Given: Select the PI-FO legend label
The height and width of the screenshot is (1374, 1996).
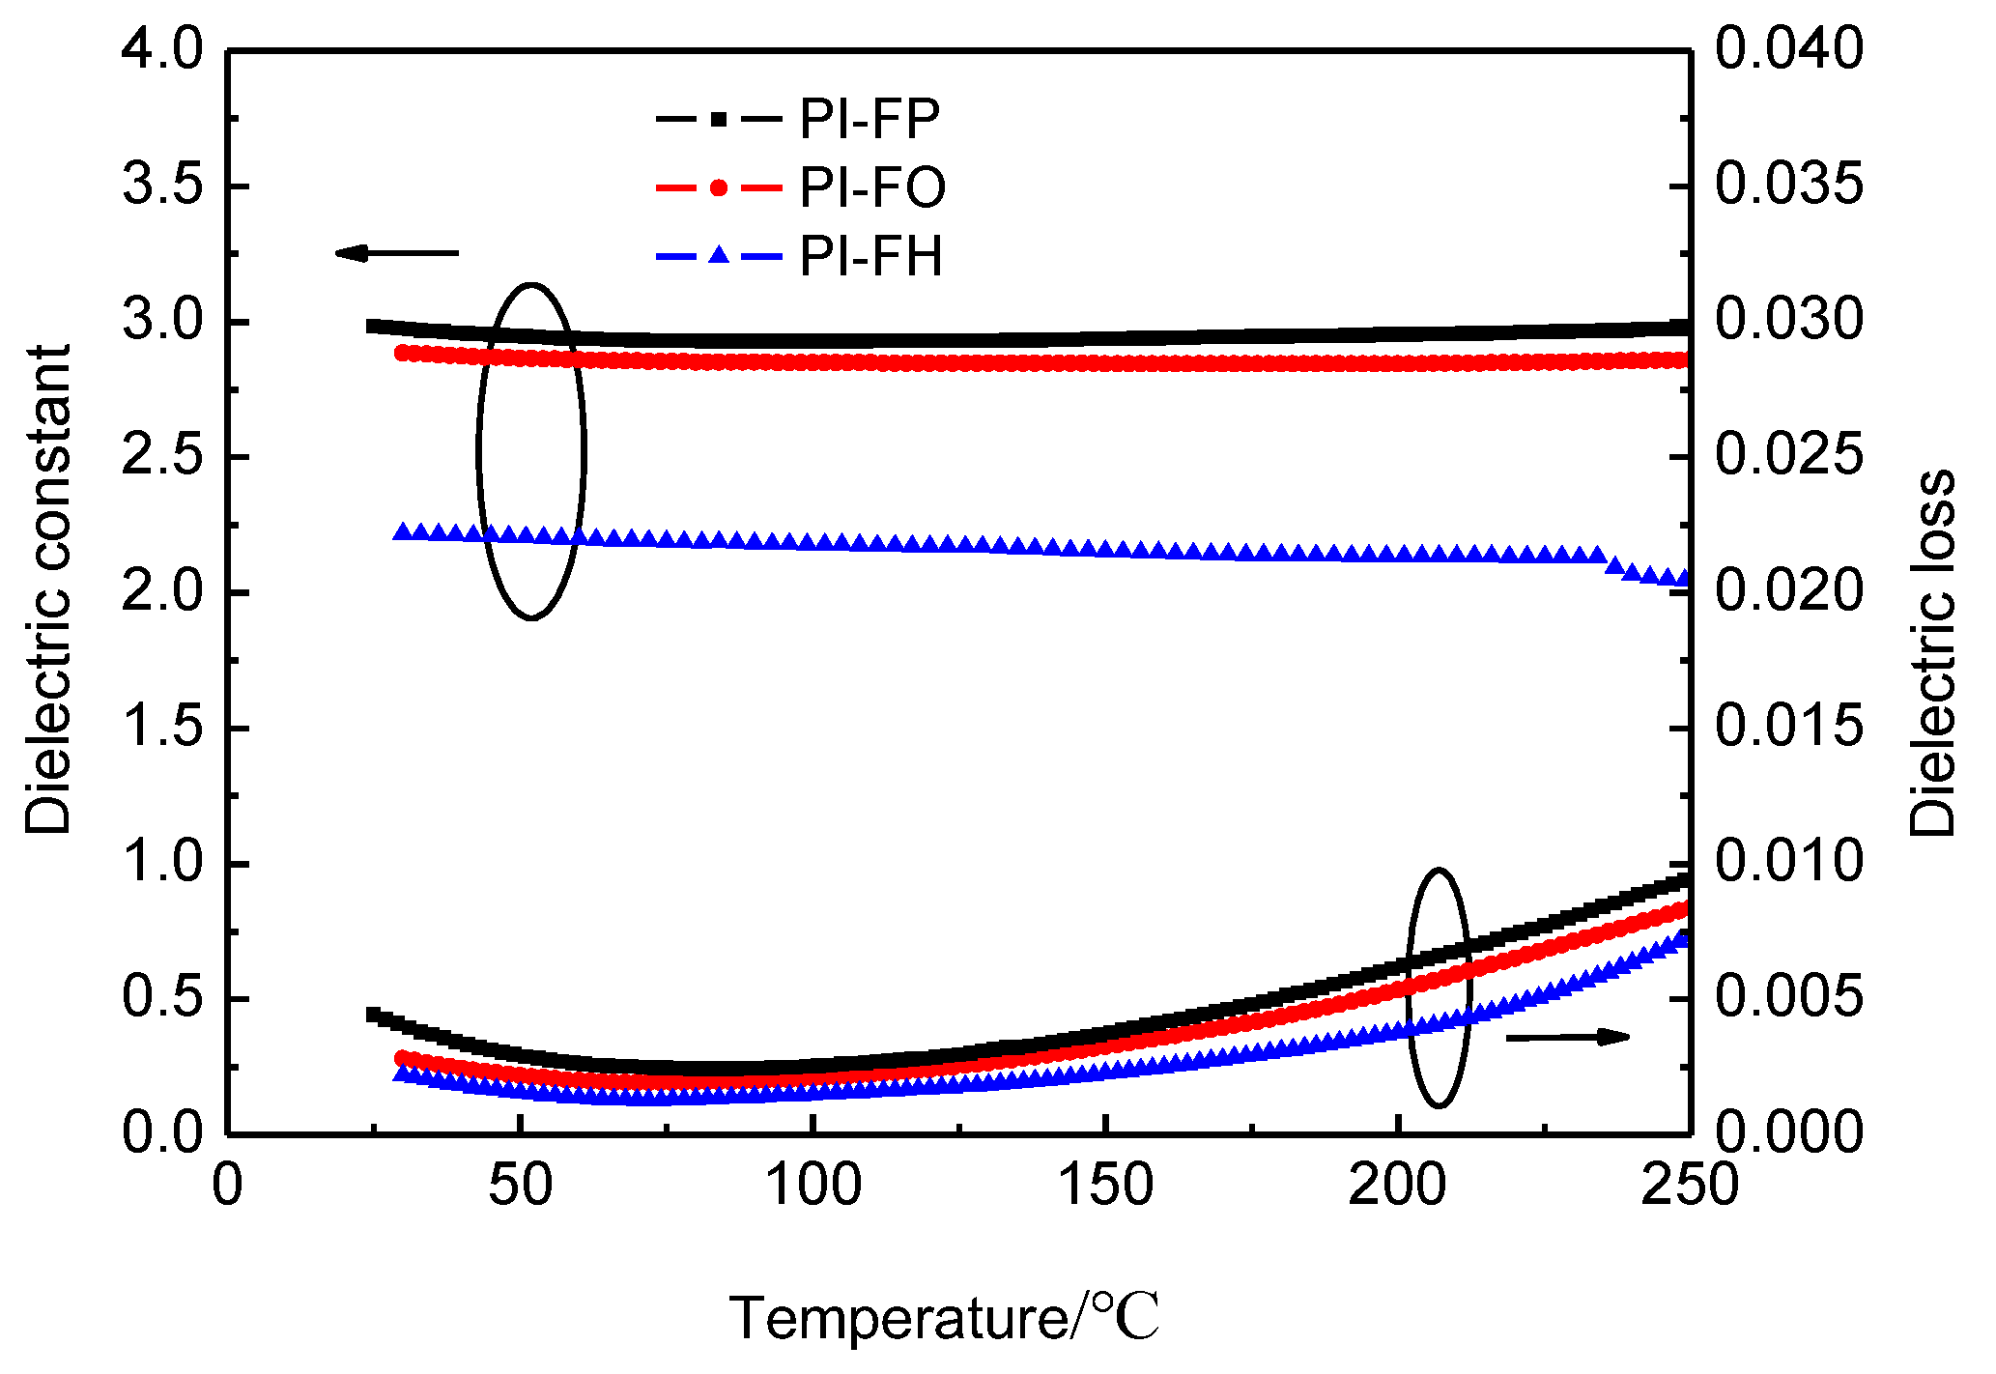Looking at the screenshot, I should click(871, 188).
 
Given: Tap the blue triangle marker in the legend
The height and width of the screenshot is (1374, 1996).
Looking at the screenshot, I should click(718, 256).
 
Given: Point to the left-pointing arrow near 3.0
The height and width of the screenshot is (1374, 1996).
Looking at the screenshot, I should click(396, 253).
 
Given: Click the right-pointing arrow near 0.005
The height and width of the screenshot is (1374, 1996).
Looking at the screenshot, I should click(1568, 1038).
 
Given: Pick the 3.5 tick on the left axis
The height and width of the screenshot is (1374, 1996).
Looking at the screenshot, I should click(161, 186).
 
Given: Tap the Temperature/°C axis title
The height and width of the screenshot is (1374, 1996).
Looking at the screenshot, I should click(944, 1318).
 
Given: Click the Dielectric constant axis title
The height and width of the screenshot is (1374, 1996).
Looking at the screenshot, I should click(48, 589).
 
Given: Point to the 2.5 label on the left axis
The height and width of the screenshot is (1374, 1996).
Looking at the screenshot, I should click(161, 456).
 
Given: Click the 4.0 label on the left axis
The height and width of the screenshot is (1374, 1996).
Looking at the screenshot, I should click(161, 49).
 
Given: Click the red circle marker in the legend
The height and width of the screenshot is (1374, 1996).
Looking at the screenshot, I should click(718, 187).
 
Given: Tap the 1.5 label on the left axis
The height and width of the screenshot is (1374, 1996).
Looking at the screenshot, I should click(161, 727).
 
